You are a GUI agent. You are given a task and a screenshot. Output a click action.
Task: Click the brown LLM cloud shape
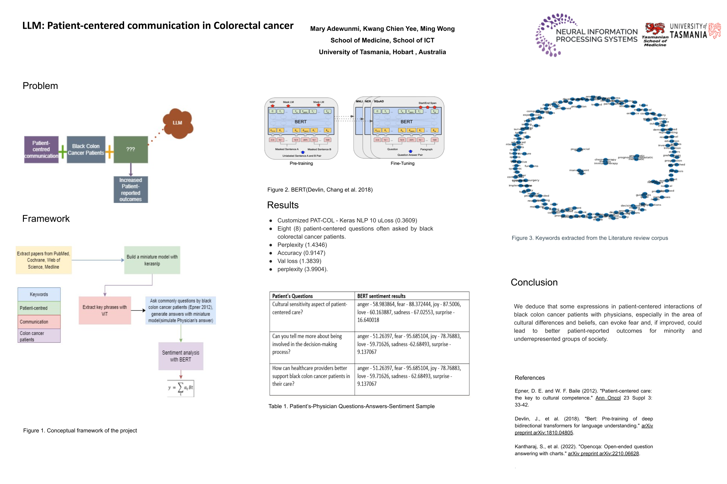click(178, 123)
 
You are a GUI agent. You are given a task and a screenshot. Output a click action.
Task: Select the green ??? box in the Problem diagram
click(130, 149)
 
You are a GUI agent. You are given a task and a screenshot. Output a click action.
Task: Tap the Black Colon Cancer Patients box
click(86, 149)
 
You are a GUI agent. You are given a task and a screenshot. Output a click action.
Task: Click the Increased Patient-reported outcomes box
click(130, 189)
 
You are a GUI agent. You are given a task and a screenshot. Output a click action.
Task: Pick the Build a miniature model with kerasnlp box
click(152, 260)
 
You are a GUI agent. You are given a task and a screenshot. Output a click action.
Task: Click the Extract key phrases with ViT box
click(105, 310)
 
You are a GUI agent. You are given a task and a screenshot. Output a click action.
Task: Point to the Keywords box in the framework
click(39, 294)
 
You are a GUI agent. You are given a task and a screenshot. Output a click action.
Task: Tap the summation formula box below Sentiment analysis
click(181, 388)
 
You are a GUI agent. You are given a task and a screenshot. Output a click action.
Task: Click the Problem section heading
click(40, 86)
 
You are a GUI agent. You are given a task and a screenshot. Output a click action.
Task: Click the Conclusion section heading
click(534, 282)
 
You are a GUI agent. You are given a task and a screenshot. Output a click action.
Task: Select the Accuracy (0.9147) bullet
click(301, 253)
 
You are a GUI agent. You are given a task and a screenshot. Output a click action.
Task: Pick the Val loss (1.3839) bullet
click(299, 261)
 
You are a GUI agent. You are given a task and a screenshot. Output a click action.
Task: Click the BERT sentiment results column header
click(381, 296)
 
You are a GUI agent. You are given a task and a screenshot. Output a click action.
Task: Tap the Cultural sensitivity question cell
click(310, 308)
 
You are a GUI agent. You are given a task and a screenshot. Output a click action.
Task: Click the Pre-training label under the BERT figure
click(301, 163)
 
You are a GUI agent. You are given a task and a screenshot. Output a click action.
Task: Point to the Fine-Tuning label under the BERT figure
click(402, 163)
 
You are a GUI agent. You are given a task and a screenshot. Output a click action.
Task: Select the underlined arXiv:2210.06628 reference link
click(603, 453)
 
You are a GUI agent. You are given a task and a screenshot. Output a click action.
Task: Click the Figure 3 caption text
click(589, 238)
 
